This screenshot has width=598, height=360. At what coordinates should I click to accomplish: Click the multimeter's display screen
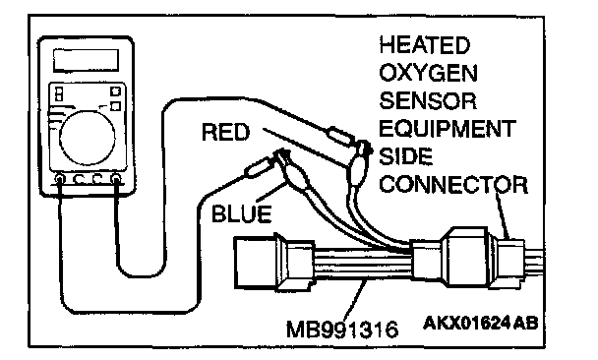[86, 60]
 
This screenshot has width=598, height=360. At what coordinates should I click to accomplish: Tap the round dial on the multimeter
[88, 138]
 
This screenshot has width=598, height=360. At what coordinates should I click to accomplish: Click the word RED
[225, 133]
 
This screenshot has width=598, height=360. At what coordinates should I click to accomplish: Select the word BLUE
[241, 213]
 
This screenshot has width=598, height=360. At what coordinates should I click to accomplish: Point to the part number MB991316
[342, 330]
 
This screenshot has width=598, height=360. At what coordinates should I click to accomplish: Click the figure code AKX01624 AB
[481, 323]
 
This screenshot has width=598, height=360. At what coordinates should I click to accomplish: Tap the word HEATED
[424, 45]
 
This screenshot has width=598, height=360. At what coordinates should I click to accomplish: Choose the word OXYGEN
[428, 73]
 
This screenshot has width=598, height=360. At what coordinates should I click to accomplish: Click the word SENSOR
[428, 101]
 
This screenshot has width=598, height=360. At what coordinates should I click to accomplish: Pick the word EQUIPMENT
[448, 129]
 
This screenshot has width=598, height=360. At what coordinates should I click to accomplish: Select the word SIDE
[406, 156]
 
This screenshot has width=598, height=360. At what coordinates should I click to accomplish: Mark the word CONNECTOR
[453, 185]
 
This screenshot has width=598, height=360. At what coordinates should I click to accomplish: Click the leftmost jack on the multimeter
[60, 178]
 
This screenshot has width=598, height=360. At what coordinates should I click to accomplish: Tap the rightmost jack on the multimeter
[115, 178]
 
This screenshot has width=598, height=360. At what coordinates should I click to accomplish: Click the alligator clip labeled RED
[360, 163]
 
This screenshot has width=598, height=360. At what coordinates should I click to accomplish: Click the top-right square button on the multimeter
[115, 91]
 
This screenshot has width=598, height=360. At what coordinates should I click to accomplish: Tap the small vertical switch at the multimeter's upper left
[59, 94]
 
